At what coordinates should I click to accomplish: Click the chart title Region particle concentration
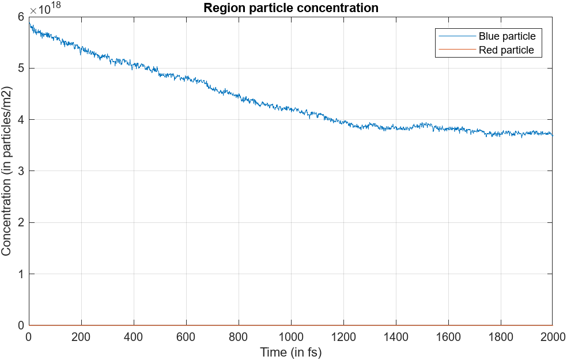point(290,8)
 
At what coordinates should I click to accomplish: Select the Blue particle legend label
point(506,36)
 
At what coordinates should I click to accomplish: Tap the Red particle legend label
point(506,50)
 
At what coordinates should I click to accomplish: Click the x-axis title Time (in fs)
point(290,352)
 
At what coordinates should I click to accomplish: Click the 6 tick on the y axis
point(21,17)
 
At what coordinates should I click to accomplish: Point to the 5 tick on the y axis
point(21,69)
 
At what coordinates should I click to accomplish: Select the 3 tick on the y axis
point(21,171)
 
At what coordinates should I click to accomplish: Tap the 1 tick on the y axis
point(21,274)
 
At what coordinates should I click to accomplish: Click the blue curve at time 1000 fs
point(290,109)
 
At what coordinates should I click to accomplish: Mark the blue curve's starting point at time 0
point(29,25)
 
